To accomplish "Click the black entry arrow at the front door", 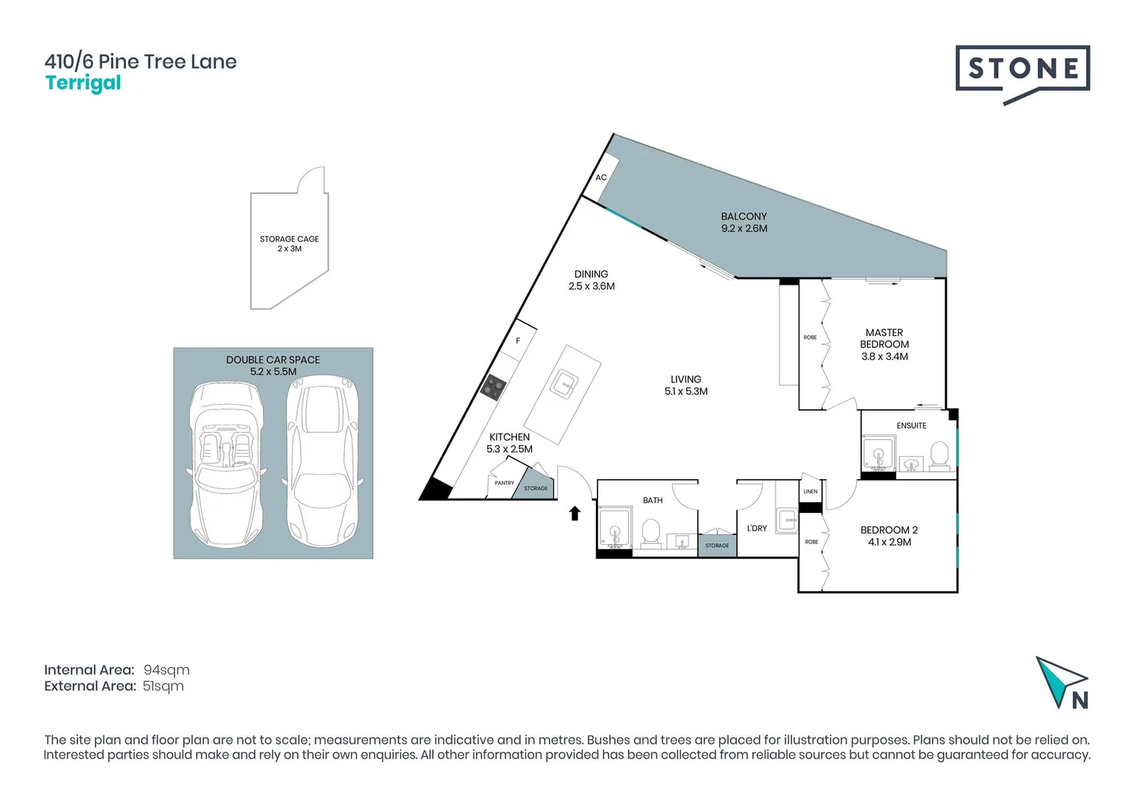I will pyautogui.click(x=574, y=513).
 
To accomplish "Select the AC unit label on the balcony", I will pyautogui.click(x=601, y=177).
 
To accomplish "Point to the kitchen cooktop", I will pyautogui.click(x=492, y=387).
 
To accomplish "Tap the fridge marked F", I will pyautogui.click(x=518, y=341).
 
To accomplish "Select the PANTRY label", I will pyautogui.click(x=504, y=483).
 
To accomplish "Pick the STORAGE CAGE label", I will pyautogui.click(x=289, y=239).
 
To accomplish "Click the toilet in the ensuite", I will pyautogui.click(x=940, y=456).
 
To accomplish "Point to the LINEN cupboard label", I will pyautogui.click(x=811, y=492).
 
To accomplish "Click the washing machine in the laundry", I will pyautogui.click(x=788, y=520).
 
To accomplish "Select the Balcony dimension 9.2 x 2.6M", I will pyautogui.click(x=744, y=229).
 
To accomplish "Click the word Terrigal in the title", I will pyautogui.click(x=83, y=83).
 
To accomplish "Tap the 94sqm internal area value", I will pyautogui.click(x=166, y=670).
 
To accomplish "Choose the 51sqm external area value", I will pyautogui.click(x=163, y=686).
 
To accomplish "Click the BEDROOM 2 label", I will pyautogui.click(x=889, y=530).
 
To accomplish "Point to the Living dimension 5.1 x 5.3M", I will pyautogui.click(x=685, y=391).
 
